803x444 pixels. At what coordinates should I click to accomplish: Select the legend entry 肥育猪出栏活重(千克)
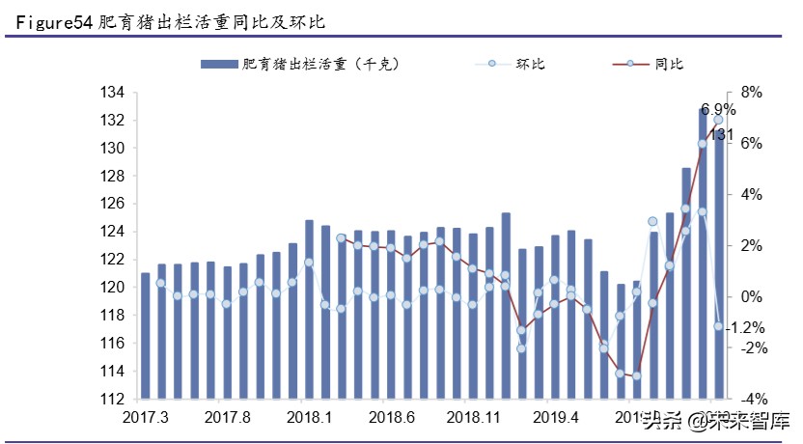(299, 65)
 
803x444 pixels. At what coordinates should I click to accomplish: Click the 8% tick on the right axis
(749, 93)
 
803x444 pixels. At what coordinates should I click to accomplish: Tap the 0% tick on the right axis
(749, 296)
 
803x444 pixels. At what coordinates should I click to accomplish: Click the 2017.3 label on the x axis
(146, 418)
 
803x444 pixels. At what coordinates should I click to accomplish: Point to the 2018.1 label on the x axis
(309, 418)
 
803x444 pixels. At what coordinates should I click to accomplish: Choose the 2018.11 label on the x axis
(473, 418)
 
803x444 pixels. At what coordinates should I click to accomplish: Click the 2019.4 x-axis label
(555, 418)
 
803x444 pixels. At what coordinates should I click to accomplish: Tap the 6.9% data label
(717, 109)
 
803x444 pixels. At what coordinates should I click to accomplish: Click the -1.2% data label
(744, 328)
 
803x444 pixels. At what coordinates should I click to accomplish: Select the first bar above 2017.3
(145, 335)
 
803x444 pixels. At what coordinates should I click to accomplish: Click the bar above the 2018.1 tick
(309, 309)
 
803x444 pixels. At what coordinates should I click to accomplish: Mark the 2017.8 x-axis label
(228, 418)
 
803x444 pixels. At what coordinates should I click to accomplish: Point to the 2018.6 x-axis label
(391, 418)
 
